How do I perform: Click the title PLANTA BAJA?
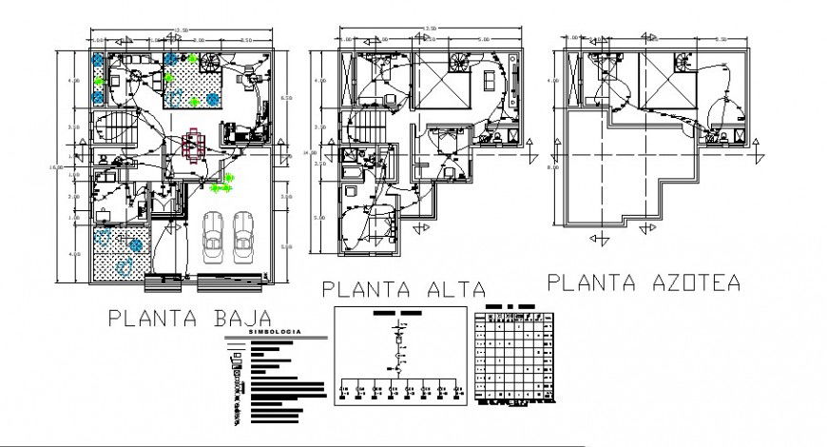click(189, 317)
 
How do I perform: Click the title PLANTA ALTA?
click(403, 289)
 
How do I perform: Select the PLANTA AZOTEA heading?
click(644, 282)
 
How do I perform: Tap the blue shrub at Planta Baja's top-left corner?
click(99, 60)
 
